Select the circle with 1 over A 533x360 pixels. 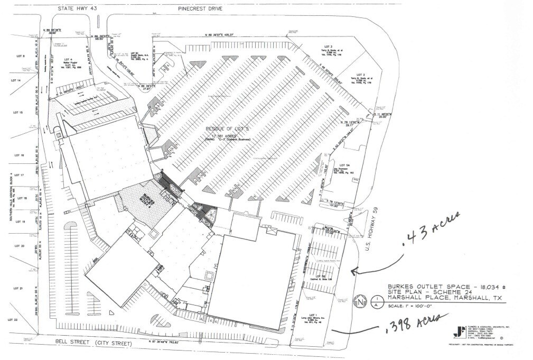click(x=376, y=301)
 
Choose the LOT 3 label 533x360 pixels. click(x=328, y=47)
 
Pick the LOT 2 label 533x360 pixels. click(x=361, y=75)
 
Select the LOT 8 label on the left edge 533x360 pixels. click(x=21, y=56)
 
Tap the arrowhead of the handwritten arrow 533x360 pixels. click(x=353, y=272)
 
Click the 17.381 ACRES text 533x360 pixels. click(x=227, y=135)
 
